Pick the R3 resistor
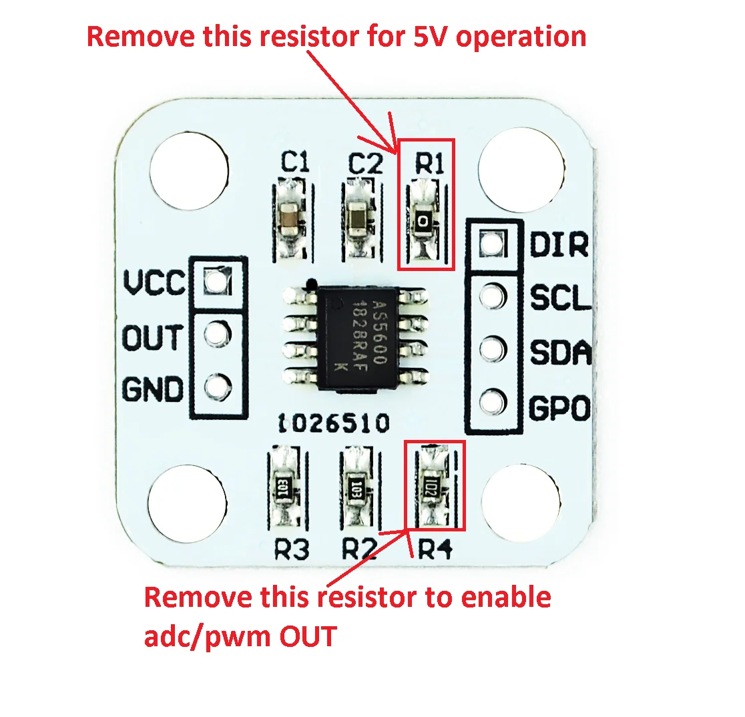(x=283, y=486)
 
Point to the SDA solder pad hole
(x=493, y=348)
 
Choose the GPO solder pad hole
(x=493, y=401)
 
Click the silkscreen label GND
(x=152, y=389)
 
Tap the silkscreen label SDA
(x=560, y=352)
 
